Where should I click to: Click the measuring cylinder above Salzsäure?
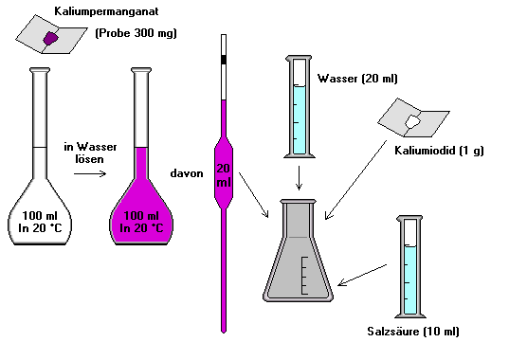(409, 270)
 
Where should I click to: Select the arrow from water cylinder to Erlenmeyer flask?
(299, 177)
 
